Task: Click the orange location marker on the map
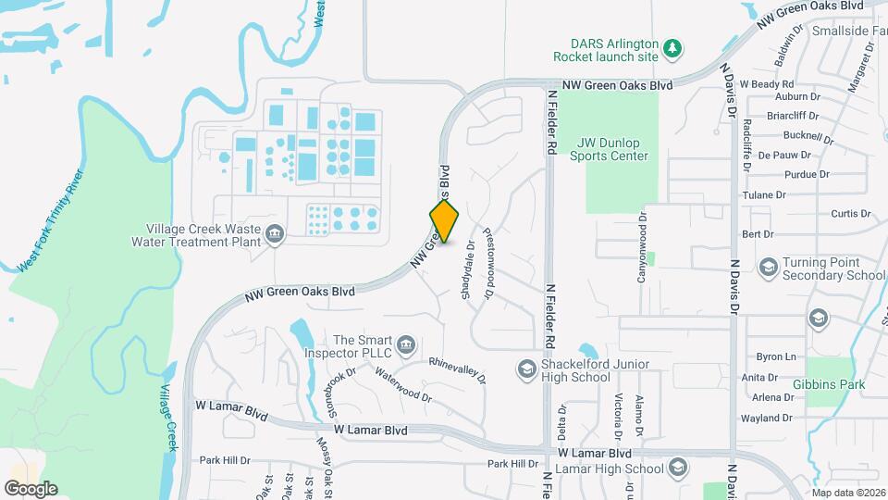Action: (444, 220)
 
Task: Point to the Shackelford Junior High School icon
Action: (525, 370)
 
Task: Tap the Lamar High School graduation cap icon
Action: (678, 467)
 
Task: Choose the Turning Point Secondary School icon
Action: (767, 268)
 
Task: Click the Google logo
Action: (31, 488)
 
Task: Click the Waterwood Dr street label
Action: (403, 383)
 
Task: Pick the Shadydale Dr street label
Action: (467, 271)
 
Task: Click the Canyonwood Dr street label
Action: (640, 233)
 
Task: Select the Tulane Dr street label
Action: (763, 195)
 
